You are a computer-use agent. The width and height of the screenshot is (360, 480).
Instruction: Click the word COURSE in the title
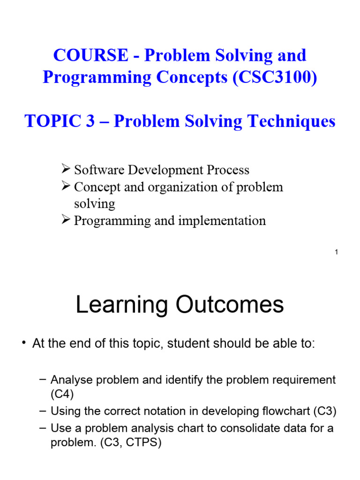point(89,55)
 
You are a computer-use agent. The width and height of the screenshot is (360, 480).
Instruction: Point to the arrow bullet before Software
point(66,170)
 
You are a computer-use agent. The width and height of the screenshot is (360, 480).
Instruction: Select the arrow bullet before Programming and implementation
point(66,220)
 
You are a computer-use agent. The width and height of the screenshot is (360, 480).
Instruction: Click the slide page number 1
point(337,253)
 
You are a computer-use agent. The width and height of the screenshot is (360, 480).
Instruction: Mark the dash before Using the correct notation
point(43,412)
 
